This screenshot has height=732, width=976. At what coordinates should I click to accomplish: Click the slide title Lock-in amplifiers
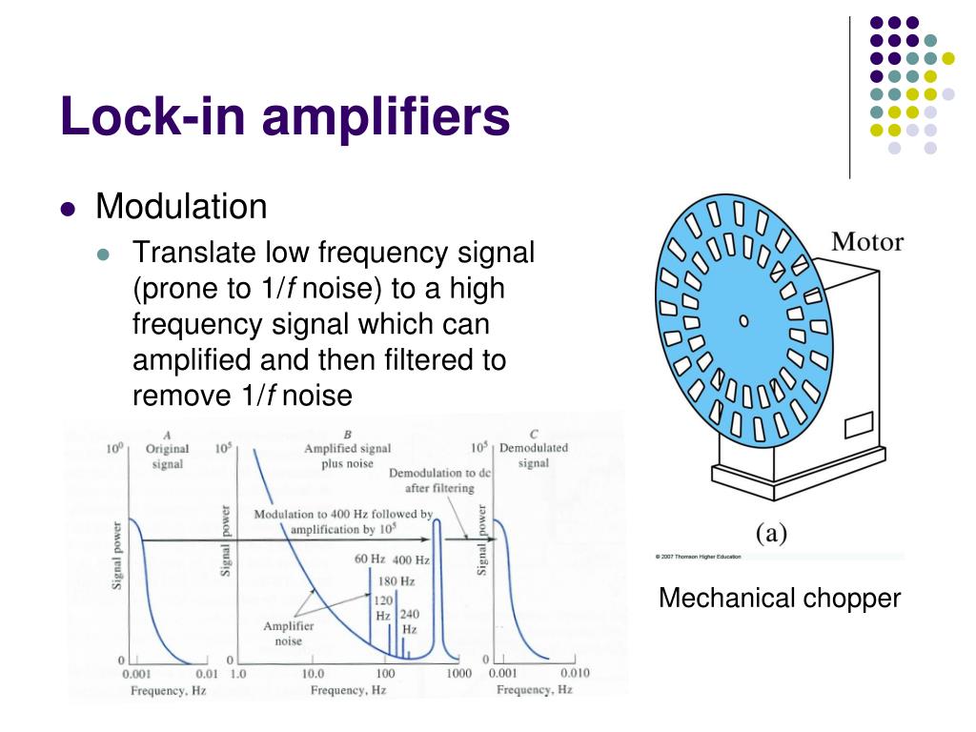tap(285, 118)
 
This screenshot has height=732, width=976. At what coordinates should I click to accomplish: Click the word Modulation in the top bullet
tap(181, 206)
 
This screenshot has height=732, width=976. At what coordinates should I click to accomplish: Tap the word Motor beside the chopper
tap(866, 241)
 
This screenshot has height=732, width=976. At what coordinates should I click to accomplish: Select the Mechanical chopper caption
tap(780, 599)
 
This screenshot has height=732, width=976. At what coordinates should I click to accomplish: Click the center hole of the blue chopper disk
tap(740, 318)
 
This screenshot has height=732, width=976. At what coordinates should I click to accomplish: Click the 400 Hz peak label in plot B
tap(411, 560)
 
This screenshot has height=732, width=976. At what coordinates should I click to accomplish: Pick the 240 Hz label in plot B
tap(409, 621)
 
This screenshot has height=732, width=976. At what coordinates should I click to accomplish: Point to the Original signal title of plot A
tap(167, 456)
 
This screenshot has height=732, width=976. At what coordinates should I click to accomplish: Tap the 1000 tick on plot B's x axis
tap(459, 674)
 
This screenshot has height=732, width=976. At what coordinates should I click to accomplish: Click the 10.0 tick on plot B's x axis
tap(314, 674)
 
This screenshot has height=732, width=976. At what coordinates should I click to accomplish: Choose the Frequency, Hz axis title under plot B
tap(348, 690)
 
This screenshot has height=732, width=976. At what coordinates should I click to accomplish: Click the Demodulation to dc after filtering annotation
tap(432, 480)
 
